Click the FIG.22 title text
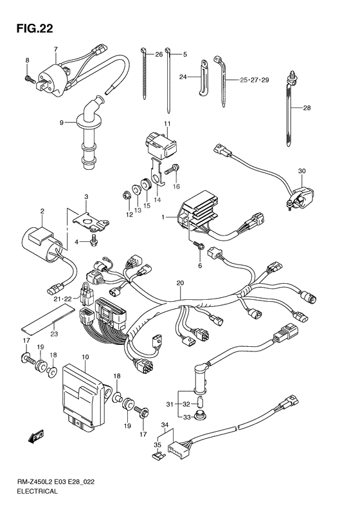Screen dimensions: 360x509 [34, 29]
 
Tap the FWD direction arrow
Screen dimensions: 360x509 [35, 437]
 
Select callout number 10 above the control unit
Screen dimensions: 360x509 [85, 357]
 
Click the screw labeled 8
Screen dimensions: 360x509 [29, 79]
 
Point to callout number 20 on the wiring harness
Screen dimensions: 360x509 [180, 283]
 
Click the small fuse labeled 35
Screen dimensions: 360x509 [159, 456]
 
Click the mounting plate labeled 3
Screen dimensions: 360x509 [90, 221]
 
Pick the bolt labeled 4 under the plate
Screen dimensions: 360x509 [94, 242]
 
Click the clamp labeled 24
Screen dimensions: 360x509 [203, 79]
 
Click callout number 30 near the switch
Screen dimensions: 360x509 [302, 171]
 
